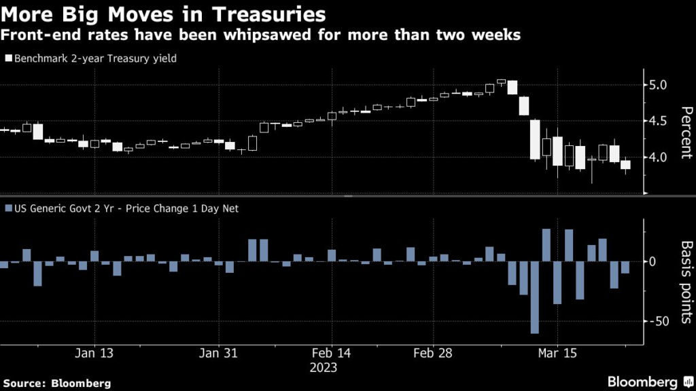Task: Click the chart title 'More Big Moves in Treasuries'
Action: coord(164,14)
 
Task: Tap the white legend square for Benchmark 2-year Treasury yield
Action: coord(7,59)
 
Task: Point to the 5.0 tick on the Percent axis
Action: coord(657,85)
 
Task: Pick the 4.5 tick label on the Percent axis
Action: coord(657,122)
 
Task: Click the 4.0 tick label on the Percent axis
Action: coord(657,157)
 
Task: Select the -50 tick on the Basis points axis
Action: coord(658,321)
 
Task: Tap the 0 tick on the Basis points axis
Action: coord(652,261)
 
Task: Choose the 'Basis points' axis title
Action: coord(686,282)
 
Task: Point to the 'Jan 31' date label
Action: coord(220,353)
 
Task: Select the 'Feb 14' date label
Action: coord(332,353)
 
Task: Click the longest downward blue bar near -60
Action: coord(534,297)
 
